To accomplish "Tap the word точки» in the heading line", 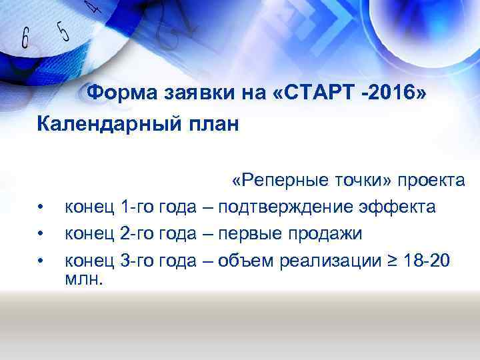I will pyautogui.click(x=363, y=181).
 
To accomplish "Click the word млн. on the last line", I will pyautogui.click(x=84, y=279).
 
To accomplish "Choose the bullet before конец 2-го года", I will pyautogui.click(x=41, y=235).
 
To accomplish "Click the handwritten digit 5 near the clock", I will pyautogui.click(x=63, y=31).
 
